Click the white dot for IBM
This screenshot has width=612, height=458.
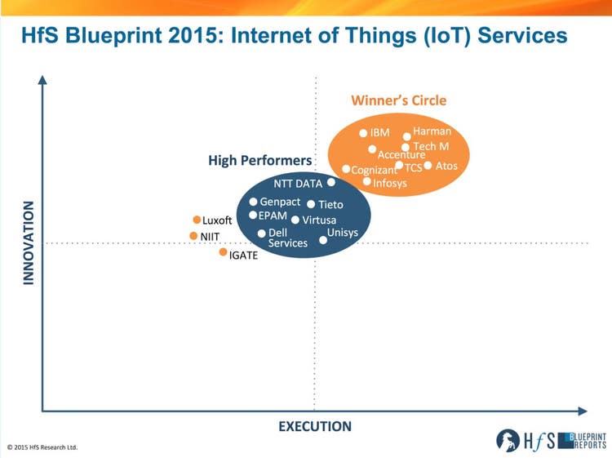tap(364, 133)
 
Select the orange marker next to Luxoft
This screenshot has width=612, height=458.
tap(197, 220)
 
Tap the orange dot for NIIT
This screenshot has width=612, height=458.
tap(193, 236)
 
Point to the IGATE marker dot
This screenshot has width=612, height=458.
tap(223, 252)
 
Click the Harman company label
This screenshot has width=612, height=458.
tap(432, 131)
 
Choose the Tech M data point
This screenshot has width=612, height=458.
tap(406, 147)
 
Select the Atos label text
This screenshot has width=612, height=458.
tap(447, 166)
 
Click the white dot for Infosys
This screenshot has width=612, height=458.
tap(367, 181)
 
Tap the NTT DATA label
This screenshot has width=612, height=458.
tap(298, 184)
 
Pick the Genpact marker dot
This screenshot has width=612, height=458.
tap(253, 202)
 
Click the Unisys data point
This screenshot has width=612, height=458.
tap(323, 239)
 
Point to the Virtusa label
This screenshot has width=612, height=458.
tap(319, 220)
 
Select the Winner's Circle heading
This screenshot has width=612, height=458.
tap(398, 100)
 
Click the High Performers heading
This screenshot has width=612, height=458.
tap(260, 161)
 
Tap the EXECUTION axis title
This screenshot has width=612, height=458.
tap(315, 426)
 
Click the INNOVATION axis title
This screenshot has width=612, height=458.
tap(29, 242)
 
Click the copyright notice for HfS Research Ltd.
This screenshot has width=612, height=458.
tap(42, 447)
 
